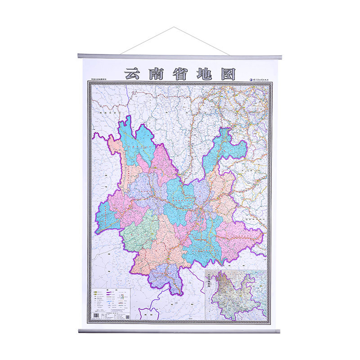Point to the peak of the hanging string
point(174,27)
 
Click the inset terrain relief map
point(236,295)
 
